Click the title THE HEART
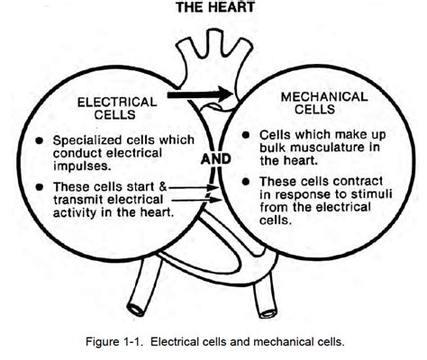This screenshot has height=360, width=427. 215,7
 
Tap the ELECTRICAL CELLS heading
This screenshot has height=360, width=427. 117,108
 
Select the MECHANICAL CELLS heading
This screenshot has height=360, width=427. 324,103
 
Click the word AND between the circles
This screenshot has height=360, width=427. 216,159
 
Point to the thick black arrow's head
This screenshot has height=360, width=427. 225,94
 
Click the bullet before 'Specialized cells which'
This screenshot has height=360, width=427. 40,140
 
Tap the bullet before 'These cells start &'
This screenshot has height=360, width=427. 40,187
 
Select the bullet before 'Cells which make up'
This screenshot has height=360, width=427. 246,135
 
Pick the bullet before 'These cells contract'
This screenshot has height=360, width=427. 246,182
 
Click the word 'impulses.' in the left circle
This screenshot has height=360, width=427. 82,166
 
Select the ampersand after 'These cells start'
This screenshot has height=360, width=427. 162,186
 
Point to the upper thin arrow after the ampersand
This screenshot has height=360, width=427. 193,188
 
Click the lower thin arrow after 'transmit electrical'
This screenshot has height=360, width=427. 196,200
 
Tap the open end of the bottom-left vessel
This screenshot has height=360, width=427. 136,310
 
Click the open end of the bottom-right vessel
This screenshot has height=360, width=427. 268,312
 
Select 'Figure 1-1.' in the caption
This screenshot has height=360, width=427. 114,342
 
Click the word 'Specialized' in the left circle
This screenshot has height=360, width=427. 87,140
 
